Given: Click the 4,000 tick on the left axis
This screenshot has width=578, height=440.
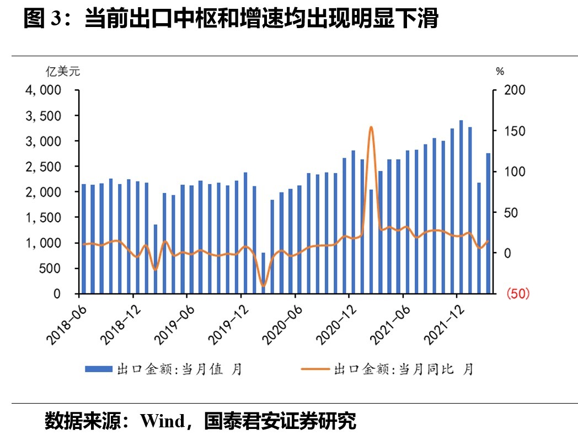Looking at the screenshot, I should [x=44, y=90].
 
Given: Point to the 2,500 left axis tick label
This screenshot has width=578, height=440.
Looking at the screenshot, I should [x=44, y=167].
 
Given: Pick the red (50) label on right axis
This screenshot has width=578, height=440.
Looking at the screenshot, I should [x=517, y=294].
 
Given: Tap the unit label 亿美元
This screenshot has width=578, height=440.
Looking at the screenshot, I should [x=62, y=71].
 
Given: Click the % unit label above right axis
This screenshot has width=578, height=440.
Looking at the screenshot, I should [x=500, y=71].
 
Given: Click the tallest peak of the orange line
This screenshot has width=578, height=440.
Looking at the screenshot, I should [x=371, y=127].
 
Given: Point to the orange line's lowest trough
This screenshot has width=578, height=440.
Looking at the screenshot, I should [x=263, y=286].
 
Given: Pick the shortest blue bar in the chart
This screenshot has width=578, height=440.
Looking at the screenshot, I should [x=263, y=273].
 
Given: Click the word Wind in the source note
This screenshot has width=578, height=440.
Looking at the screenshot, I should [x=163, y=421].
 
